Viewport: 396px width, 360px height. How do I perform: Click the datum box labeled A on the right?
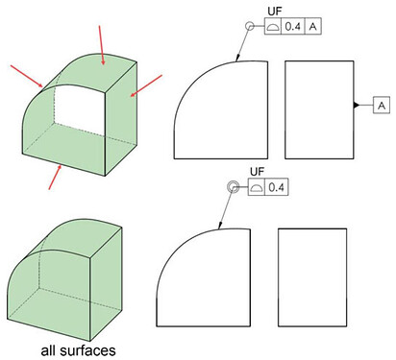(382, 105)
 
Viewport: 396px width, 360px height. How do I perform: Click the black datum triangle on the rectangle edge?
(357, 105)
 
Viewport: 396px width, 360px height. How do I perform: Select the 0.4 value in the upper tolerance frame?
(293, 26)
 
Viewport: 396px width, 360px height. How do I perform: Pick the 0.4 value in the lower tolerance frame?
(276, 187)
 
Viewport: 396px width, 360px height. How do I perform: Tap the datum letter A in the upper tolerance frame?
(313, 26)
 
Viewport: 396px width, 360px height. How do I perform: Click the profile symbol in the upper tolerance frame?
(273, 27)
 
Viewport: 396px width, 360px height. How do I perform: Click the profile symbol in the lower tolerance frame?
(256, 188)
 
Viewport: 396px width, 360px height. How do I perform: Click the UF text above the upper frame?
(275, 12)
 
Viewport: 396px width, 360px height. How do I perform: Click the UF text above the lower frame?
(258, 172)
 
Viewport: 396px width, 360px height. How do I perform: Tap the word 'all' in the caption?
(48, 350)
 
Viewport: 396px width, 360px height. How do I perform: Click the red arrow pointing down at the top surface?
(101, 45)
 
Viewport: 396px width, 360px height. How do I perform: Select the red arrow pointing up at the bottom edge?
(55, 177)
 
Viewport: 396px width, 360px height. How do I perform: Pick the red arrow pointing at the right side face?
(146, 85)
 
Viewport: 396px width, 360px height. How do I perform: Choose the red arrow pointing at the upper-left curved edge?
(27, 76)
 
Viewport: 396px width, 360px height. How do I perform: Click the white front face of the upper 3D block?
(80, 112)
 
